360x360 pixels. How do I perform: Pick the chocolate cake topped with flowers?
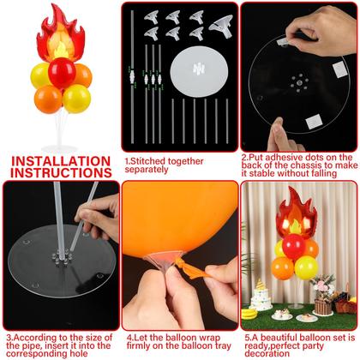point(323,302)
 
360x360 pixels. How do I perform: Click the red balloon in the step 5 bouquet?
point(293,248)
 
